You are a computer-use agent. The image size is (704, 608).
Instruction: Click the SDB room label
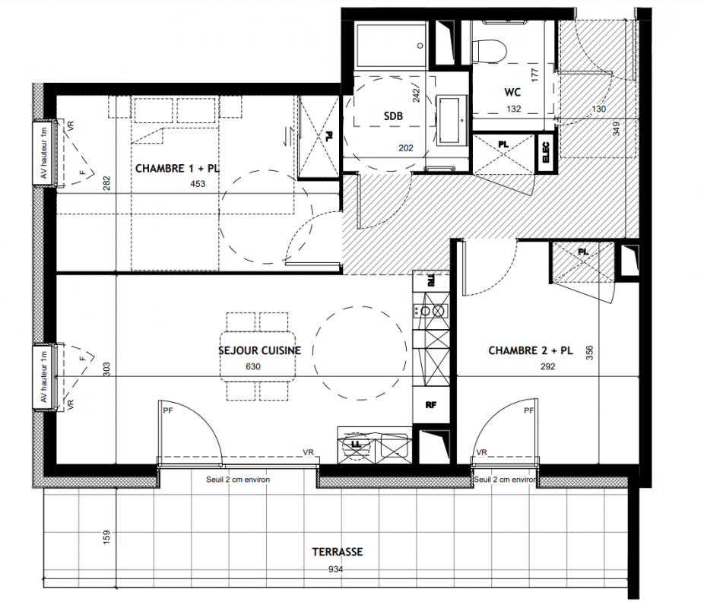tap(393, 116)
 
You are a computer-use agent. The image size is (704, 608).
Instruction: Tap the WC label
tap(512, 93)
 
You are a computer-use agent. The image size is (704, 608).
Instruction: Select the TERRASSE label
tap(338, 552)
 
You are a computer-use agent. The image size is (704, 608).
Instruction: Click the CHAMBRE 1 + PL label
tap(177, 168)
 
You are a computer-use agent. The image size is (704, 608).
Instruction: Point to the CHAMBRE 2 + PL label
tap(530, 350)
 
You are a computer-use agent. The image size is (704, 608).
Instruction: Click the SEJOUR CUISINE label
tap(259, 350)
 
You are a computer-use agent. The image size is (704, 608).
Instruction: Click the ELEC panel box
tap(546, 152)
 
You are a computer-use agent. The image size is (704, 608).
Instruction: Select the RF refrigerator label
tap(430, 405)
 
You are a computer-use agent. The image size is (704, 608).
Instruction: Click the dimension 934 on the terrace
tap(335, 569)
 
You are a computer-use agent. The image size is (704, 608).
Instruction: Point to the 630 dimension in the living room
tap(252, 366)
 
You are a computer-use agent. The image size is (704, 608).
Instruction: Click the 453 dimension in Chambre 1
tap(198, 183)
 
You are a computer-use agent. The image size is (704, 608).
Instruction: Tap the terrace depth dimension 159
tap(106, 537)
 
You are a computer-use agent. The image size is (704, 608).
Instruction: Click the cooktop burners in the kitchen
tap(431, 311)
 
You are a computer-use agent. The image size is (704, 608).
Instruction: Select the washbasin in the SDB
tap(452, 120)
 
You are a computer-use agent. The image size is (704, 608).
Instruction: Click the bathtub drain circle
tap(420, 46)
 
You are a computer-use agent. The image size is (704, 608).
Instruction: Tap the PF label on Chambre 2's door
tap(529, 410)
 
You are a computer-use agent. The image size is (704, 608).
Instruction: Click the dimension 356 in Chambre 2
tap(589, 352)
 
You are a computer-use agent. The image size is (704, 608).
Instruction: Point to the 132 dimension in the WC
tap(514, 109)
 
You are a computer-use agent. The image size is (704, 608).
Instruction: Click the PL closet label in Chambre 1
tap(329, 136)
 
